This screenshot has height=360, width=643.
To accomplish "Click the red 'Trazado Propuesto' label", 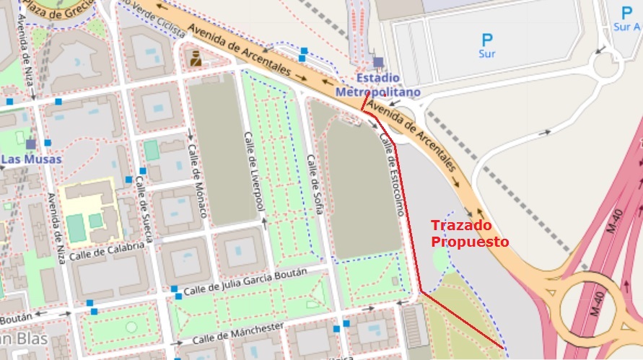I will [x=470, y=233].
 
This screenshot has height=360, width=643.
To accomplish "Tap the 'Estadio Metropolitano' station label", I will [x=377, y=85].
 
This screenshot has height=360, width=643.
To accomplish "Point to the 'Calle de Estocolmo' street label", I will [x=390, y=176].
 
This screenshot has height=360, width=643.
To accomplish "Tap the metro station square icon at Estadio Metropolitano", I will [x=378, y=62].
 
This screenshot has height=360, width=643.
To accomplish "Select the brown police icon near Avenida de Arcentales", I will [x=196, y=58].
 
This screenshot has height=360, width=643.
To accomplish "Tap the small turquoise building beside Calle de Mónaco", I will [x=151, y=150].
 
